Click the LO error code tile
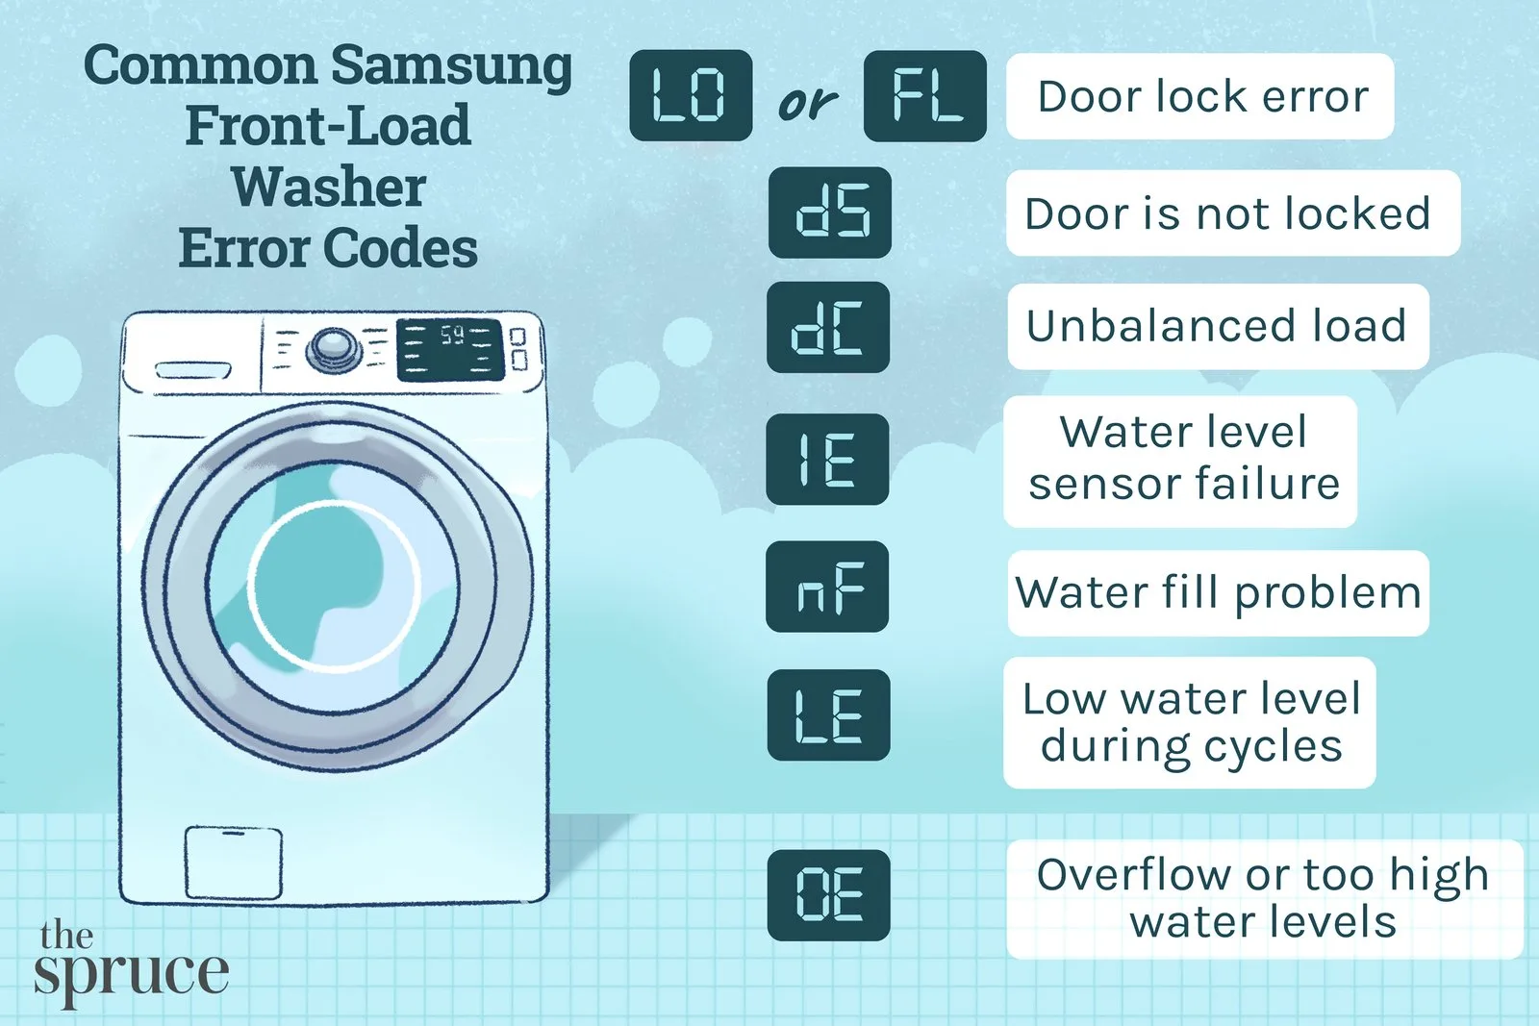click(x=691, y=95)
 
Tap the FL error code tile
click(x=924, y=95)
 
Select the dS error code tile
click(x=830, y=213)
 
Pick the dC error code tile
click(x=828, y=327)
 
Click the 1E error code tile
click(x=828, y=459)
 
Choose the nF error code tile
click(x=827, y=586)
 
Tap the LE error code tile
click(x=828, y=714)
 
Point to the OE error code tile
click(x=828, y=895)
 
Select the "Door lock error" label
click(x=1200, y=96)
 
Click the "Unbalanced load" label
click(x=1218, y=326)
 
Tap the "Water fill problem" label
click(x=1218, y=592)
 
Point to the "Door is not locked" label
click(x=1233, y=213)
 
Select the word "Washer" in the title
click(x=328, y=187)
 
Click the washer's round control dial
click(x=334, y=350)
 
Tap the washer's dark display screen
click(x=450, y=350)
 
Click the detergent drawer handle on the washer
click(x=193, y=370)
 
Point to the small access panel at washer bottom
click(x=234, y=863)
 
